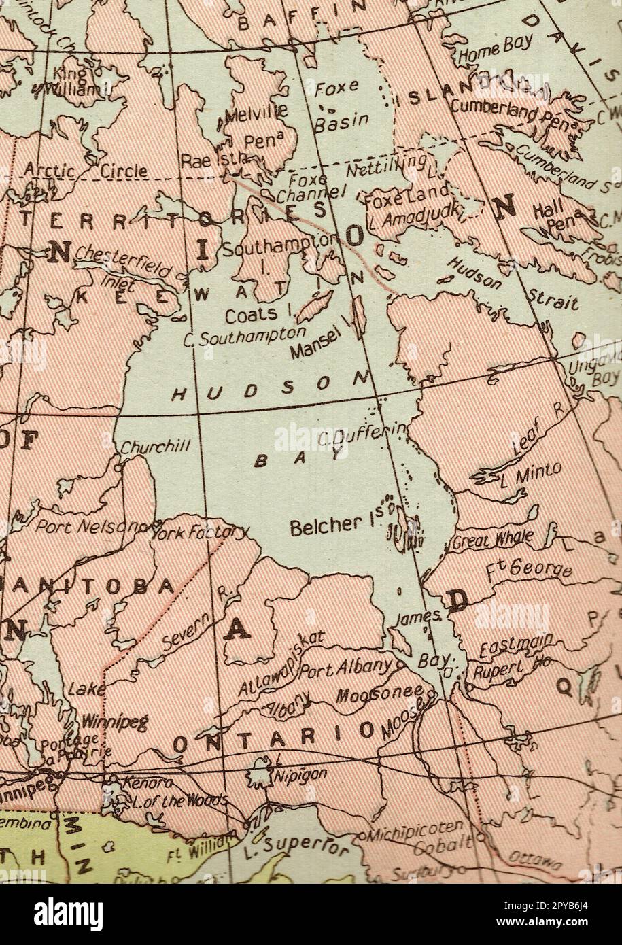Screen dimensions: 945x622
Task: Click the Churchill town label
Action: tap(156, 447)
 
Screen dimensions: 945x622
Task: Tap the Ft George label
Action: tap(528, 566)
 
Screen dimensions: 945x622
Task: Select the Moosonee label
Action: tap(379, 695)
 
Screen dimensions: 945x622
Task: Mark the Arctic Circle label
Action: tap(86, 171)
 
